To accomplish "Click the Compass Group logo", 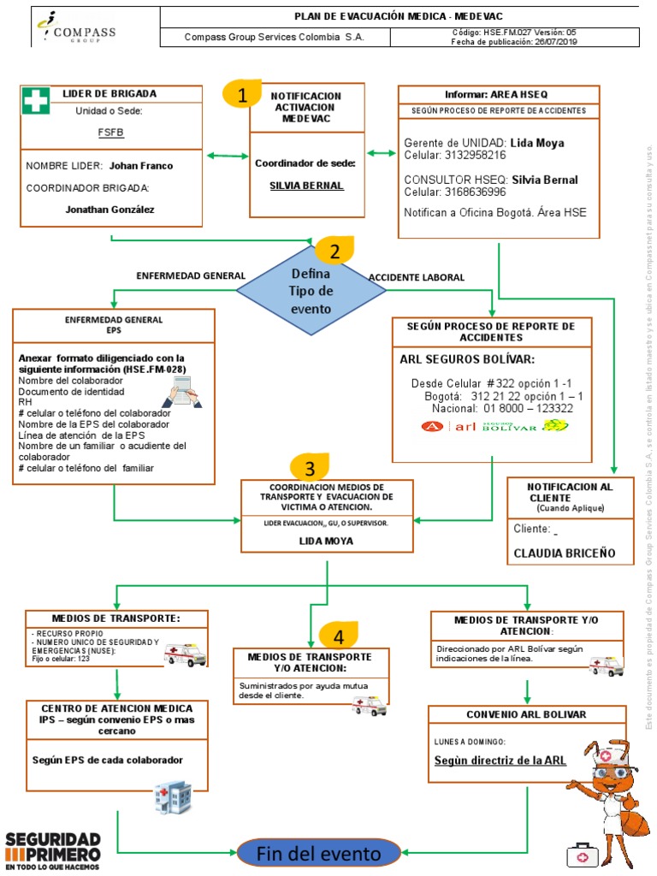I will pos(75,28).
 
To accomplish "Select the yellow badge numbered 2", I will pos(334,251).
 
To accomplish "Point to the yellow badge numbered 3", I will pos(310,468).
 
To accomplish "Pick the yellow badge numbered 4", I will pos(339,636).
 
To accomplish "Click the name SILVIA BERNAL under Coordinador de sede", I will pos(306,186).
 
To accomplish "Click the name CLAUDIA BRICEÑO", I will pos(564,553).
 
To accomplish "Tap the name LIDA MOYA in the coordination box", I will pos(325,542).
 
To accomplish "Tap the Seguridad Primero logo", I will pos(53,849).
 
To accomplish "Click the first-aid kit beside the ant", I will pos(581,855).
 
